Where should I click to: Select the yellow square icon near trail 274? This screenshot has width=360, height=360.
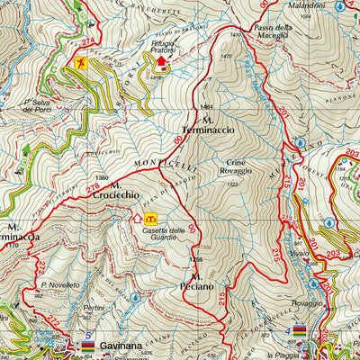[x=82, y=62]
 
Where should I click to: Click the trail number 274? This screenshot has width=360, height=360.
[x=87, y=41]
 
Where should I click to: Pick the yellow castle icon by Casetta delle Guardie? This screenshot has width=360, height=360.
[x=152, y=218]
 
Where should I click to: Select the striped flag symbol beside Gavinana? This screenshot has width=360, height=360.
[x=88, y=345]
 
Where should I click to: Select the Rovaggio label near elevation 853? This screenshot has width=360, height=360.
[x=306, y=303]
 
